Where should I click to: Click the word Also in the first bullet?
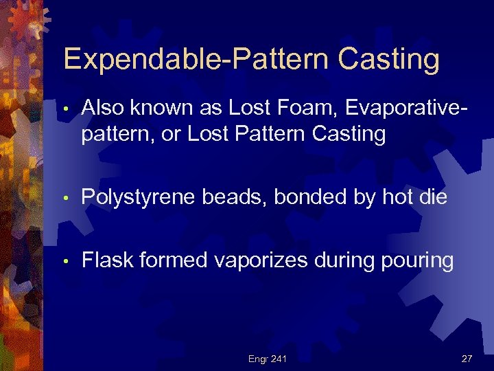(x=103, y=107)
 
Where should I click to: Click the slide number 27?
(x=467, y=358)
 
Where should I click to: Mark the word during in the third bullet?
(x=342, y=261)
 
